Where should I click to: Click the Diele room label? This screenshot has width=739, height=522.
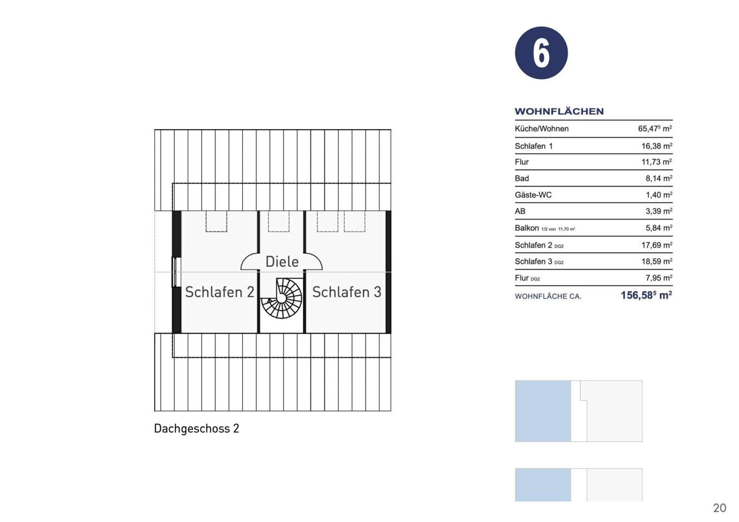(282, 261)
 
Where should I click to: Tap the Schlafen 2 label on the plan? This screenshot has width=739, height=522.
(220, 292)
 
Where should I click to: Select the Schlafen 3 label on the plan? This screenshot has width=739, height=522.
(347, 292)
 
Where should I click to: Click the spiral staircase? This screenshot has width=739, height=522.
(281, 298)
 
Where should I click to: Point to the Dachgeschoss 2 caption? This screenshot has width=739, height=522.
(196, 428)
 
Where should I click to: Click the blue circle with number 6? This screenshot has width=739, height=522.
(542, 53)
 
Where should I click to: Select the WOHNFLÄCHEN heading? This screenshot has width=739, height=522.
(559, 111)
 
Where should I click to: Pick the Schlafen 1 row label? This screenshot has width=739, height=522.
(533, 146)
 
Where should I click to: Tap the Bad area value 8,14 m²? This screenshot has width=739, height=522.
(659, 178)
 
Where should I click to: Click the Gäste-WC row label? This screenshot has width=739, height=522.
(533, 195)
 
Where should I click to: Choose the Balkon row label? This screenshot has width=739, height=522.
(527, 228)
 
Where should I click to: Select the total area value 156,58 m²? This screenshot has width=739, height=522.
(646, 295)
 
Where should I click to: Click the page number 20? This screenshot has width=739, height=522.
(720, 508)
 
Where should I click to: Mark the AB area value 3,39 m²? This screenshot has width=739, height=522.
(659, 211)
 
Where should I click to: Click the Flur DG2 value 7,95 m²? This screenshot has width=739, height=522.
(659, 278)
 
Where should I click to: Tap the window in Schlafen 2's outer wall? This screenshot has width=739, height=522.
(177, 272)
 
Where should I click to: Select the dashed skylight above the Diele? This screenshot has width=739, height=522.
(279, 221)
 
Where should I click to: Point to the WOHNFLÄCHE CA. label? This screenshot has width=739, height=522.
(548, 296)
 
